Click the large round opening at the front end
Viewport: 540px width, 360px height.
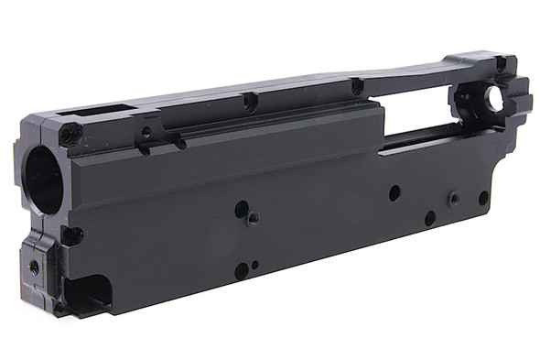tap(43, 180)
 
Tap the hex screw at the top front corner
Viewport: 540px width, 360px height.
tap(66, 135)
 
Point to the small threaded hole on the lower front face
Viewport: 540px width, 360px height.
tap(35, 267)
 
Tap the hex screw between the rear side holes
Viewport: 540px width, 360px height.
tap(452, 197)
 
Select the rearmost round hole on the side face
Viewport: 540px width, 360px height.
tap(483, 197)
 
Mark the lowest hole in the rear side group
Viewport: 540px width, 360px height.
tap(429, 218)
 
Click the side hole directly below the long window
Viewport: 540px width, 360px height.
tap(394, 193)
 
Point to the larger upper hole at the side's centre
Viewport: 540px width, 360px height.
tap(242, 209)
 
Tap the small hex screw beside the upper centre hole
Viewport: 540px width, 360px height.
tap(254, 218)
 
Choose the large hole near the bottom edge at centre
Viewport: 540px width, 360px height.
tap(242, 270)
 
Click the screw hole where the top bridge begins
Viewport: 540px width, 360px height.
tap(357, 86)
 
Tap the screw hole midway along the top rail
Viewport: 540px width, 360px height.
tap(249, 101)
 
